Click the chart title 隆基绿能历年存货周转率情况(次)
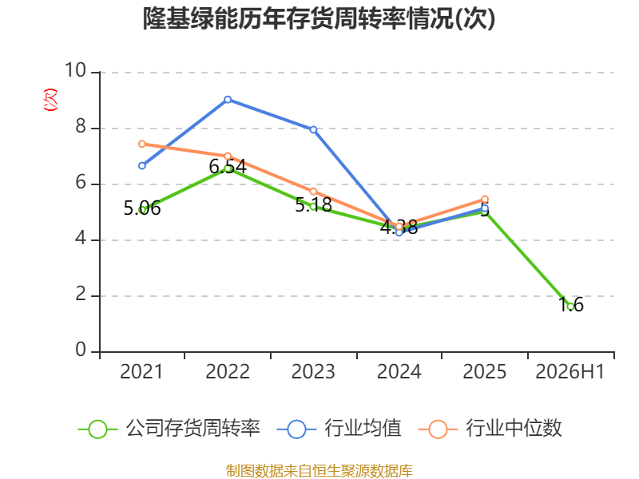319,18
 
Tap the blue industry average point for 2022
228,100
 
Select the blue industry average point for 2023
313,129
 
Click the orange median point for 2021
142,144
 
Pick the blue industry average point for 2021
142,166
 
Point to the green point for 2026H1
570,307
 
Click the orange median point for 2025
485,199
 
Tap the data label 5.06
142,208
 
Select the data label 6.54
228,167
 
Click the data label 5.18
313,205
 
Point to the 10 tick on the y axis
76,70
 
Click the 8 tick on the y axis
81,127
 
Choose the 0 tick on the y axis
81,350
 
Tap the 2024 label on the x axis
399,372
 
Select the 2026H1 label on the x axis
570,372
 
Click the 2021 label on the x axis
141,372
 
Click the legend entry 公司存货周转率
169,429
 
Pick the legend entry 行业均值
339,429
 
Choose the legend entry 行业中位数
490,429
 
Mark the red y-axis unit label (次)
50,100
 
